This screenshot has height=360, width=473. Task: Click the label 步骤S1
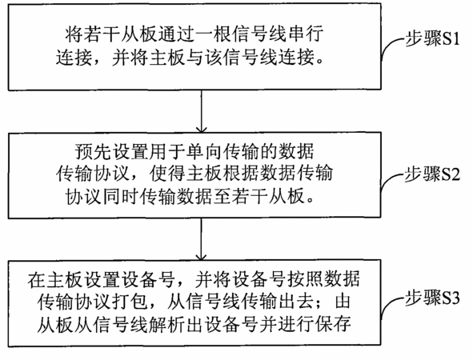click(432, 38)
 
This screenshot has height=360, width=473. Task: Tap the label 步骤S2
click(432, 174)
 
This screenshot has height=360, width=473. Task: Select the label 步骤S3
click(432, 298)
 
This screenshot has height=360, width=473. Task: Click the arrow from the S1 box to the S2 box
click(201, 111)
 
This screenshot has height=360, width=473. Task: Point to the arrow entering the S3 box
click(201, 238)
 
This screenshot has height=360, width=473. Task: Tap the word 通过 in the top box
click(174, 33)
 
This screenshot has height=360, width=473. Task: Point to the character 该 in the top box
click(214, 57)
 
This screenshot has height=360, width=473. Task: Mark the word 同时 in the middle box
click(121, 197)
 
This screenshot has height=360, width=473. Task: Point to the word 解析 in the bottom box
click(166, 325)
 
